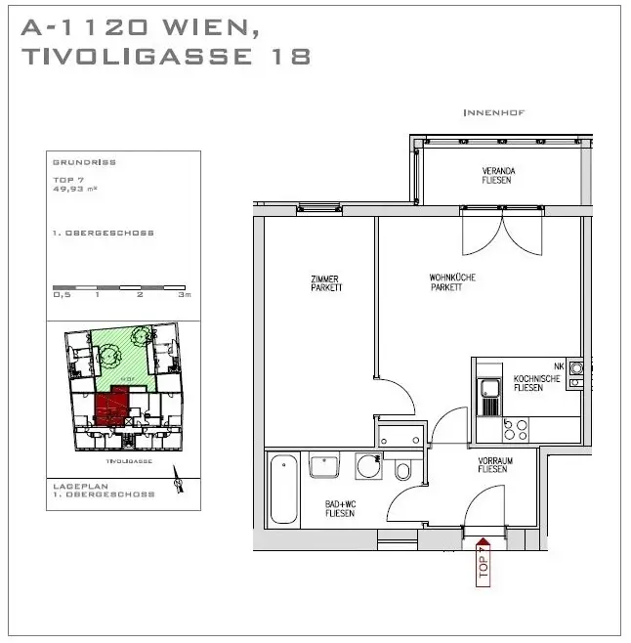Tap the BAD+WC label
(x=340, y=508)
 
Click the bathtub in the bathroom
(x=284, y=490)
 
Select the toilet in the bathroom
(x=402, y=470)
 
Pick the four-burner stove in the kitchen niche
(x=515, y=428)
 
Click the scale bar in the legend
(x=122, y=286)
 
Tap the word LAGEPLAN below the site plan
(x=77, y=486)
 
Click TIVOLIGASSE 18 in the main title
(x=165, y=58)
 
